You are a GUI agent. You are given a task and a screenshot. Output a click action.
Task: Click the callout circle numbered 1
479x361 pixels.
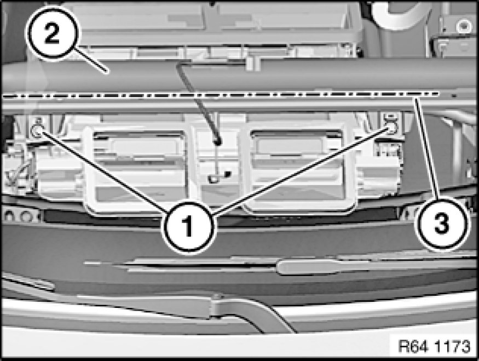click(189, 227)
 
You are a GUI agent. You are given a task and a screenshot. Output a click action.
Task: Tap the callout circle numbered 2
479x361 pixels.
click(53, 33)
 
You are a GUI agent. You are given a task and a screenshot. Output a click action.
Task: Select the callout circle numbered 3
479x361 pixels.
click(442, 223)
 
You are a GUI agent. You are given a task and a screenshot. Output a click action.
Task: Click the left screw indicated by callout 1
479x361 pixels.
click(37, 131)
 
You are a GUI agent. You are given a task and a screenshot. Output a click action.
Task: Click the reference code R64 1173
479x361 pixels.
click(434, 346)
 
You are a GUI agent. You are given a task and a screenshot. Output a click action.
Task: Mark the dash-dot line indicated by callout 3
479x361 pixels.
click(221, 94)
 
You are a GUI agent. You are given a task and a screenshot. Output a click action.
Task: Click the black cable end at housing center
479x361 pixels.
click(217, 141)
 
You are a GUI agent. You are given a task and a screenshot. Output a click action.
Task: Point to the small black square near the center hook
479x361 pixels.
click(227, 174)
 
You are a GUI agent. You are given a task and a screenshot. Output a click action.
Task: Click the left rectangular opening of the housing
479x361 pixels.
click(138, 167)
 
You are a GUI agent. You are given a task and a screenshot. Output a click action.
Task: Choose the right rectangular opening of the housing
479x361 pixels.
click(297, 167)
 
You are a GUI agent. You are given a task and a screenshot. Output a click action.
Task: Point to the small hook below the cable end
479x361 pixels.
click(213, 179)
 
